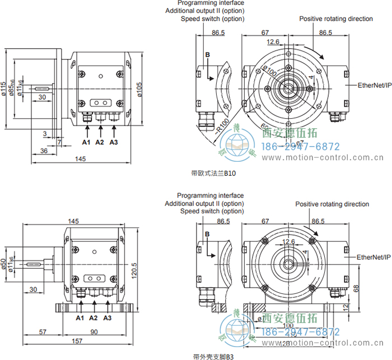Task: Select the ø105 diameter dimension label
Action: (x=139, y=88)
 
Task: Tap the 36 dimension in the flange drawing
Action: (x=44, y=152)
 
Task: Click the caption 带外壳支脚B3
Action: (x=212, y=356)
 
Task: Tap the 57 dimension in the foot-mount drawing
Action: (x=42, y=332)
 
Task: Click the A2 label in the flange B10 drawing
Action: (x=100, y=142)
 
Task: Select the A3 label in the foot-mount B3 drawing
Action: (x=108, y=318)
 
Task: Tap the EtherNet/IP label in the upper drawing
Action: (x=374, y=85)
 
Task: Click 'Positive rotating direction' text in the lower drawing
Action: (x=332, y=204)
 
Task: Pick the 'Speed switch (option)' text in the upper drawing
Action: (x=212, y=18)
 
